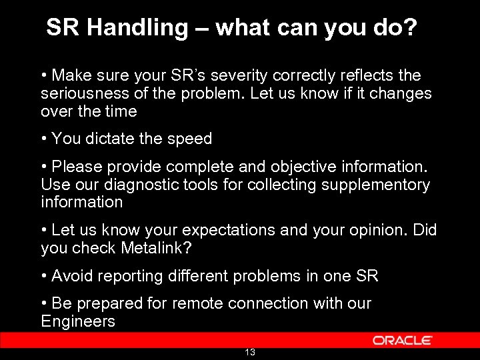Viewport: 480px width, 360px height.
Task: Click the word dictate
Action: coord(109,139)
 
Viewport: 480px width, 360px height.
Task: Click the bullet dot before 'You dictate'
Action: coord(44,139)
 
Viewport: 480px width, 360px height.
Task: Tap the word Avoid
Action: coord(71,276)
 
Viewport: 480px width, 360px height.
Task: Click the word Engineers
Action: coord(78,321)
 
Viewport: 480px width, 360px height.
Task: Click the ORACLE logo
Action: coord(403,340)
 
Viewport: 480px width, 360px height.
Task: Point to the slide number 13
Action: coord(250,352)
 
